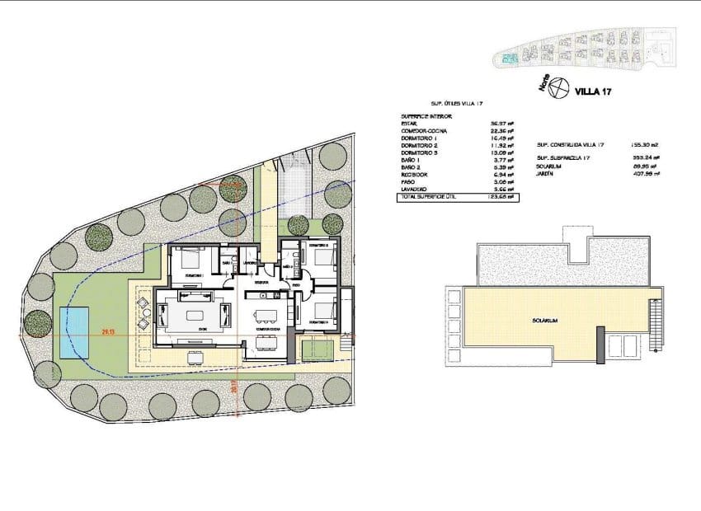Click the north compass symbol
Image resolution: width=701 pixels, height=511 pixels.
[558, 86]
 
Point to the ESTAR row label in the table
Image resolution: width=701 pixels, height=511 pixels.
[410, 124]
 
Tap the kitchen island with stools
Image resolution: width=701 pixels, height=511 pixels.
[266, 316]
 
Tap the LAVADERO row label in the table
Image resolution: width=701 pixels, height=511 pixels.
[414, 190]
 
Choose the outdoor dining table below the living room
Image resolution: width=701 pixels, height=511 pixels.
[196, 357]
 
